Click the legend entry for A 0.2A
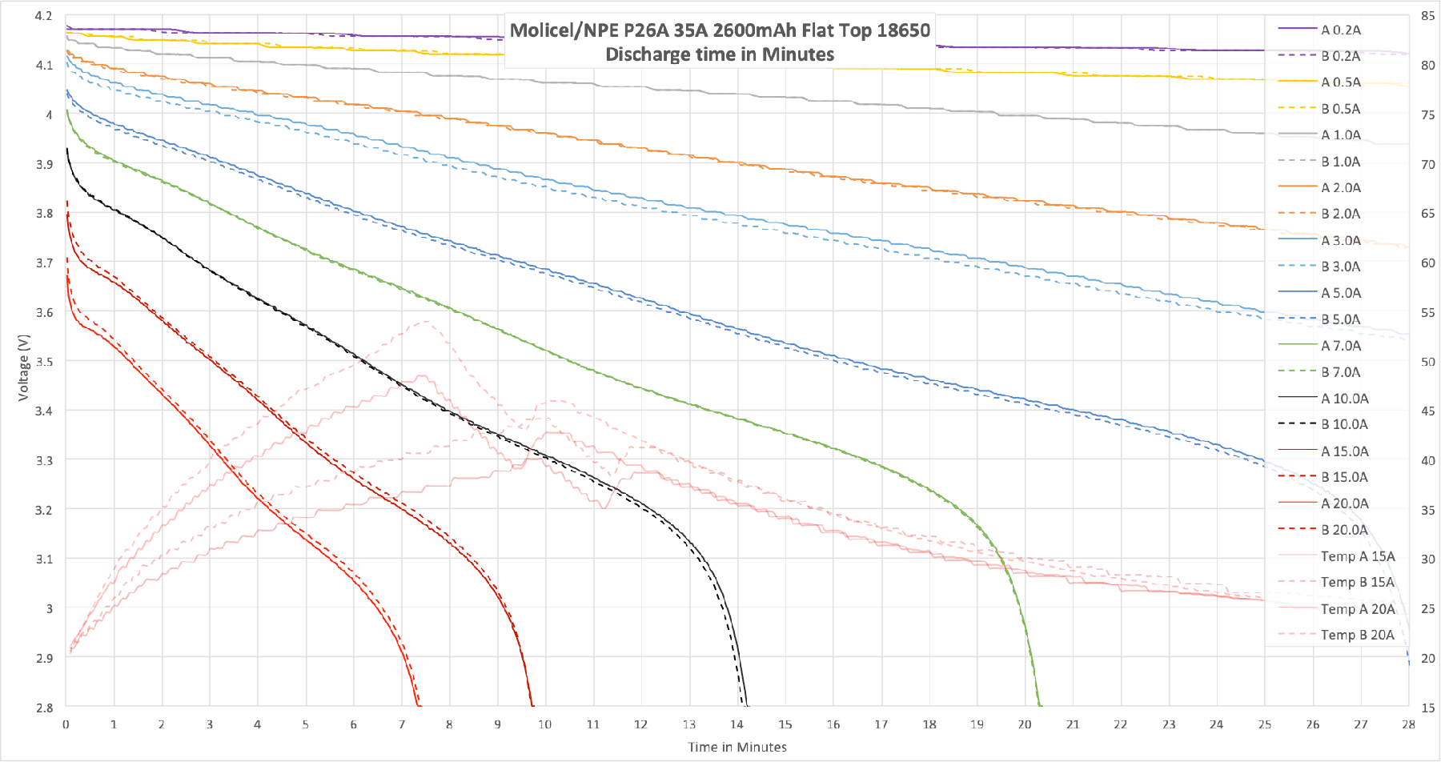[x=1340, y=30]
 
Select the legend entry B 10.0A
[x=1344, y=424]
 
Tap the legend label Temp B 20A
[x=1357, y=635]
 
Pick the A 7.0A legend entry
[x=1340, y=346]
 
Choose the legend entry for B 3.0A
[x=1340, y=267]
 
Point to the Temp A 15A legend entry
[x=1357, y=556]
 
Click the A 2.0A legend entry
[x=1340, y=188]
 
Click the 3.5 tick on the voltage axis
[x=44, y=362]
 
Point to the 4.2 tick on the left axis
[x=44, y=16]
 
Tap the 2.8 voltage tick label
[x=44, y=708]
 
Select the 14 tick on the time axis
[x=737, y=724]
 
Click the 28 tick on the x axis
[x=1408, y=724]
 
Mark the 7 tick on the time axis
[x=401, y=724]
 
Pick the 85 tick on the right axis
[x=1427, y=16]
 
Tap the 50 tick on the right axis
[x=1427, y=362]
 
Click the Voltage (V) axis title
[x=23, y=367]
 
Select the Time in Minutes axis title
[x=737, y=747]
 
